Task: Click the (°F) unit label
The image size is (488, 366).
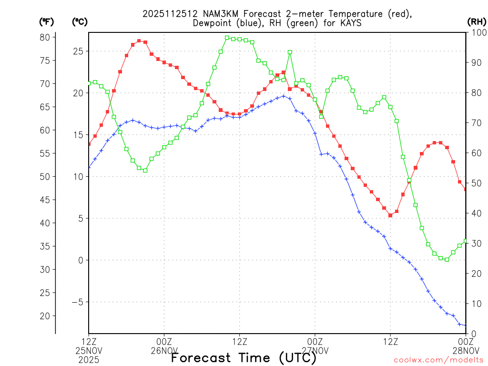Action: (47, 22)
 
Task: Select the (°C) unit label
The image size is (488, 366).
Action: (80, 22)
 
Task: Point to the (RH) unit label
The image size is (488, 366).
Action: (477, 22)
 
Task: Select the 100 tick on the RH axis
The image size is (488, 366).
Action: (477, 32)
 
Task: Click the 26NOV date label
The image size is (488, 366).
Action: (164, 351)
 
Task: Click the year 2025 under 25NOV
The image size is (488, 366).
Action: (89, 360)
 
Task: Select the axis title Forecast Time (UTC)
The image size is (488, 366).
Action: (244, 357)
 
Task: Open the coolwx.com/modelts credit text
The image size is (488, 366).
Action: (438, 360)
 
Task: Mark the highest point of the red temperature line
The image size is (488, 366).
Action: (139, 41)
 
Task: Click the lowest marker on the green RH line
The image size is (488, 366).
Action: (447, 259)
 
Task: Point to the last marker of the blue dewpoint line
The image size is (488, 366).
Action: (466, 325)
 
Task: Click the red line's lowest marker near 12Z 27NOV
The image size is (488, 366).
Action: (390, 215)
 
